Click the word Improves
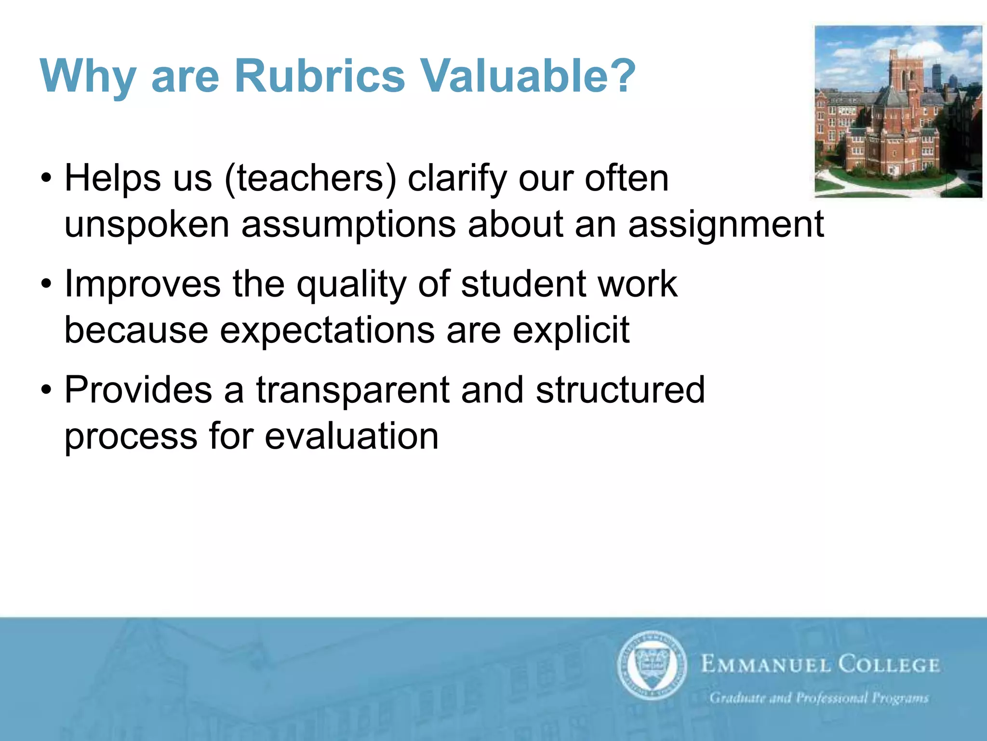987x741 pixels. [143, 285]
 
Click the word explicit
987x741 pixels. [571, 331]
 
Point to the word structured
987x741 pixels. [620, 390]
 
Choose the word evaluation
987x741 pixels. [351, 437]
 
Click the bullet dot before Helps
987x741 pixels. [46, 179]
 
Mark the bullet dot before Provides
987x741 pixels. [46, 390]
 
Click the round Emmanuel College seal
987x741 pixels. [652, 665]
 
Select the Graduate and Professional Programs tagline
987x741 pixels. [819, 698]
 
